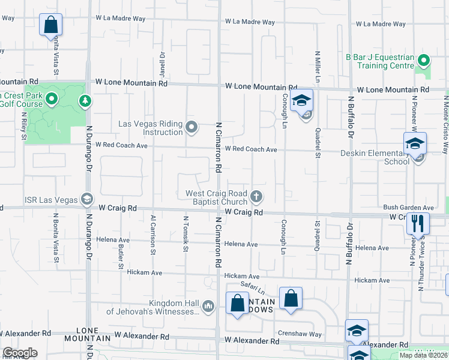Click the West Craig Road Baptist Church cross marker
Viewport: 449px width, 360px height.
tap(256, 196)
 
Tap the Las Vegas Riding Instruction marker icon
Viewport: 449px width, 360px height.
tap(191, 127)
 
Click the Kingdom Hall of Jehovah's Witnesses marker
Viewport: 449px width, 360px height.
tap(208, 306)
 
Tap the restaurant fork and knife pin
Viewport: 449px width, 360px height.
tap(417, 223)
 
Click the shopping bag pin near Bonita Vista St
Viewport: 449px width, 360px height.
tap(51, 25)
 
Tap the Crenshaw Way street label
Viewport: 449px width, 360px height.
tap(300, 334)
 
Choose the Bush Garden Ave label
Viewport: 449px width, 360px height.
tap(408, 207)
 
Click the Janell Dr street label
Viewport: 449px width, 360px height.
tap(162, 61)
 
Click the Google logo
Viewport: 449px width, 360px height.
tap(20, 353)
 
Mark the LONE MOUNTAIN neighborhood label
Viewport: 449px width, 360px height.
tap(93, 334)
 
